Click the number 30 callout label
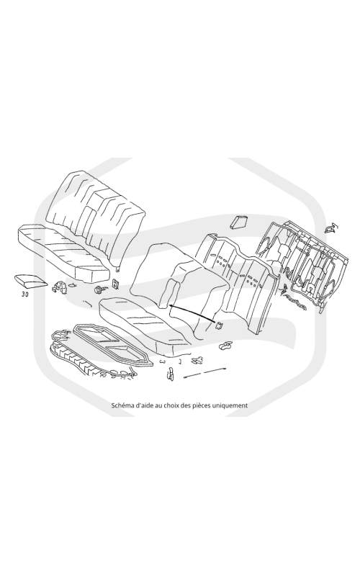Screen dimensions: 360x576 click(x=25, y=294)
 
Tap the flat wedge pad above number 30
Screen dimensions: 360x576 click(x=30, y=280)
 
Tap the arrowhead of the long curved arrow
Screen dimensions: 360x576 click(x=171, y=305)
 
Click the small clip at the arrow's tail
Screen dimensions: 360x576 click(x=220, y=325)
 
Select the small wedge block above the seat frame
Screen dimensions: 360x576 click(x=239, y=222)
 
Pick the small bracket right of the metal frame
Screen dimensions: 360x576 click(x=331, y=228)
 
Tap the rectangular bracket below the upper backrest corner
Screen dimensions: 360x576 click(x=116, y=283)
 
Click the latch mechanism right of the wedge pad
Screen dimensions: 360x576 click(x=60, y=287)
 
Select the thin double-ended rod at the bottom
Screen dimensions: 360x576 click(x=204, y=372)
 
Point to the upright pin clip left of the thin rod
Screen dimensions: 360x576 click(x=171, y=374)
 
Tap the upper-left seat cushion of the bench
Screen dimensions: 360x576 click(x=63, y=253)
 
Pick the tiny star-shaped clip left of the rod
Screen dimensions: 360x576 click(x=197, y=360)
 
